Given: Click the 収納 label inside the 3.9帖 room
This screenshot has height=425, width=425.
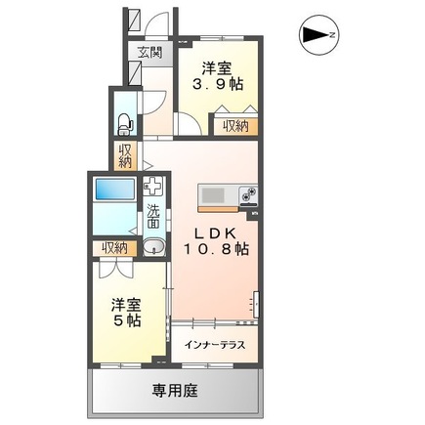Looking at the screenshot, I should coord(236,125).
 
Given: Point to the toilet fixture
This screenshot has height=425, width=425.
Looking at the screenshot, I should coord(124,122).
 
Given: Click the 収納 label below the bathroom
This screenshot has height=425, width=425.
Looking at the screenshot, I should coord(113,248).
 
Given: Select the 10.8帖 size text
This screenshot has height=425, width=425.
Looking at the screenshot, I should coord(223,249).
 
